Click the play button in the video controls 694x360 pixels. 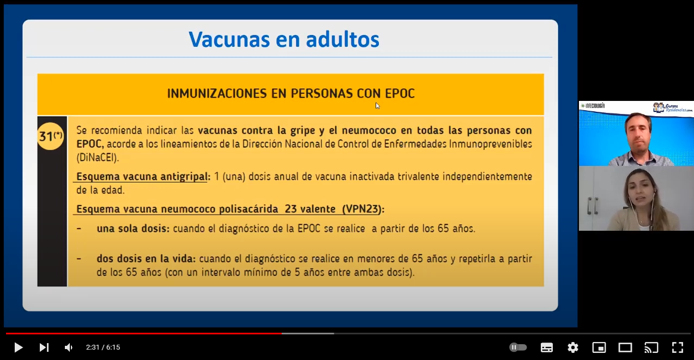pyautogui.click(x=19, y=347)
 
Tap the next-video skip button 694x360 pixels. pyautogui.click(x=44, y=347)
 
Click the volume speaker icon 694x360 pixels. pyautogui.click(x=69, y=347)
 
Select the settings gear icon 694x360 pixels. pyautogui.click(x=573, y=347)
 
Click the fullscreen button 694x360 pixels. pyautogui.click(x=678, y=347)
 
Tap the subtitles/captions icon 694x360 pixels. pyautogui.click(x=546, y=347)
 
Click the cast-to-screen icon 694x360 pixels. pyautogui.click(x=651, y=347)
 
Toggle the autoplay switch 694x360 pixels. pyautogui.click(x=518, y=347)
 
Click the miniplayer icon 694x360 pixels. pyautogui.click(x=599, y=347)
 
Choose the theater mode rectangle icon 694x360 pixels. pyautogui.click(x=625, y=347)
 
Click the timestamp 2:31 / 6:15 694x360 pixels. pyautogui.click(x=103, y=347)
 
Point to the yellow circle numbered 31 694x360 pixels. pyautogui.click(x=51, y=136)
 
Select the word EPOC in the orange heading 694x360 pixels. pyautogui.click(x=400, y=93)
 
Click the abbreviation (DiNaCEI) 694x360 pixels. pyautogui.click(x=98, y=158)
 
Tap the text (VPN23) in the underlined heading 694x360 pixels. pyautogui.click(x=361, y=209)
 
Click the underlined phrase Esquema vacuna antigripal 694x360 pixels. pyautogui.click(x=142, y=176)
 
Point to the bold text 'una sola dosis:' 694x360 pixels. pyautogui.click(x=133, y=229)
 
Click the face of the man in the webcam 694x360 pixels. pyautogui.click(x=638, y=133)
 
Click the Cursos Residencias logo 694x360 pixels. pyautogui.click(x=672, y=108)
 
